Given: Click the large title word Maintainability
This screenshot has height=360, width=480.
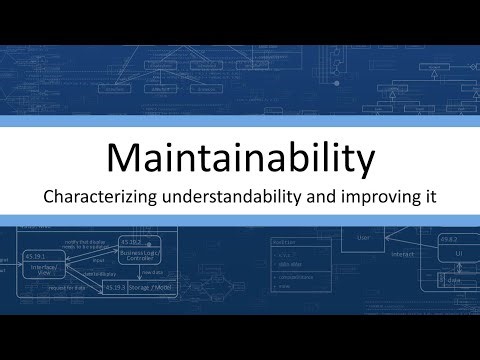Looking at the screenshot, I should [240, 158].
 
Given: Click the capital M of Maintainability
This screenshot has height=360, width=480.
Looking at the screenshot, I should [124, 158].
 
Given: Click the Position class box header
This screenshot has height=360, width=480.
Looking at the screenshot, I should [289, 241].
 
